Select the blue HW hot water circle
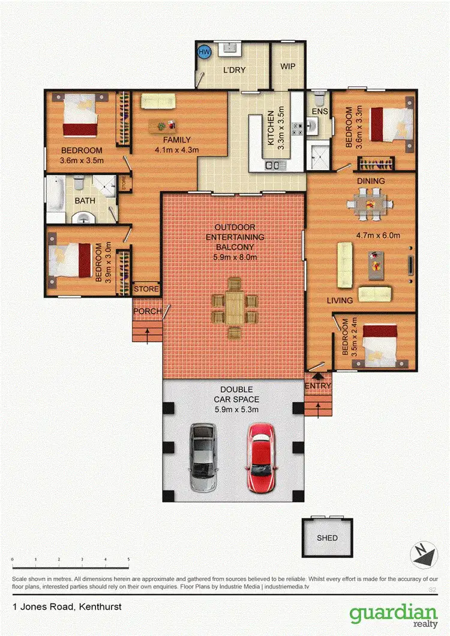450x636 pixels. [x=204, y=53]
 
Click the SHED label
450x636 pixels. [x=327, y=538]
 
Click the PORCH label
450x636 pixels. [x=146, y=311]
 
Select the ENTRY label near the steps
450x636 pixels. [x=317, y=385]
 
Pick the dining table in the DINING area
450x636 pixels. [x=369, y=204]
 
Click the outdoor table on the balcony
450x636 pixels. [x=234, y=306]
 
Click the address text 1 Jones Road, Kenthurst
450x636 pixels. [x=67, y=607]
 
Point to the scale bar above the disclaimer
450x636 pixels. [x=70, y=566]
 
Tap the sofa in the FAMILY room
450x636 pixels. [x=158, y=101]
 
